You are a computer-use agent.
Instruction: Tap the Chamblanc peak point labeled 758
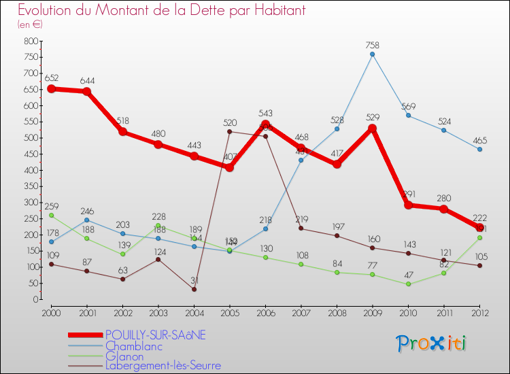tap(372, 54)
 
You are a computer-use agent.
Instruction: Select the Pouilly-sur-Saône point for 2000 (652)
tap(51, 88)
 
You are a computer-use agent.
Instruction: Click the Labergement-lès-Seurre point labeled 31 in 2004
tap(194, 289)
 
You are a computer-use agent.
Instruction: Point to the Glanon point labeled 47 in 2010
tap(408, 284)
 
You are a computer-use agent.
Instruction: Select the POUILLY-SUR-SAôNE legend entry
tap(155, 335)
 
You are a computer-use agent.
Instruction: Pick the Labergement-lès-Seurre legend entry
tap(163, 366)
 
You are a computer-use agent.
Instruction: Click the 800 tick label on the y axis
tap(29, 41)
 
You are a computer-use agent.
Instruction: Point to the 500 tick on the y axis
tap(29, 138)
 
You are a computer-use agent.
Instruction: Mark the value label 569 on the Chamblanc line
tap(408, 106)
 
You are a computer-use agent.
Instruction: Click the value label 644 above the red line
tap(86, 81)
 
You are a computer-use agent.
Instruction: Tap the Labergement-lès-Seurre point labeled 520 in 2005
tap(229, 131)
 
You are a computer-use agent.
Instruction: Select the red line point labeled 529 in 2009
tap(372, 128)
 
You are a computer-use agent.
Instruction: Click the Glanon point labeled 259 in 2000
tap(51, 215)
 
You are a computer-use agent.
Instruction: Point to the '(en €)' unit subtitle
tap(31, 24)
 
